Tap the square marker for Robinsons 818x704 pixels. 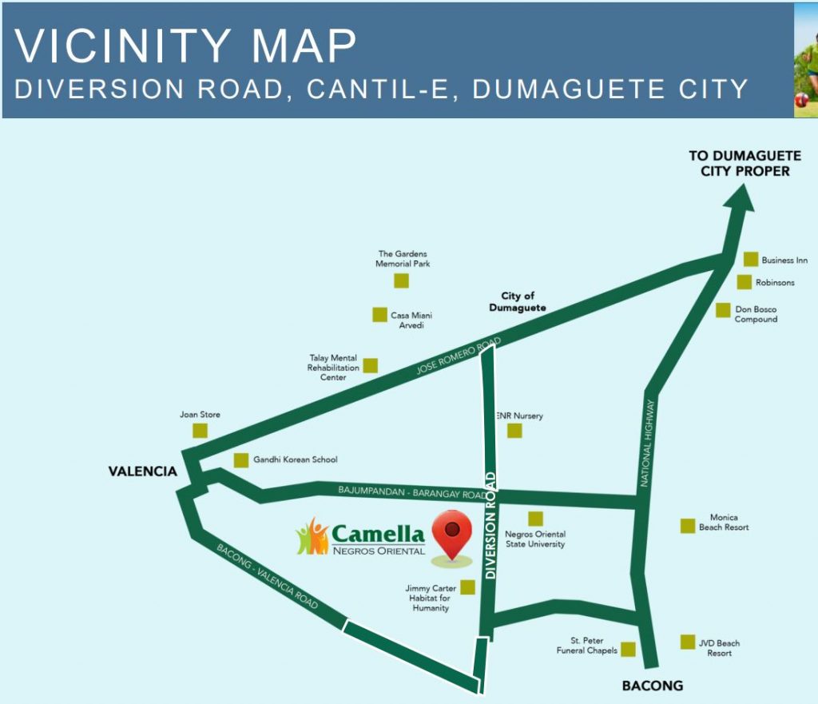pyautogui.click(x=744, y=282)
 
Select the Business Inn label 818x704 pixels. pyautogui.click(x=784, y=261)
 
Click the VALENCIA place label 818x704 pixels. pyautogui.click(x=143, y=471)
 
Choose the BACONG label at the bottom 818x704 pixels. pyautogui.click(x=653, y=686)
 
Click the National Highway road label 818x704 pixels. pyautogui.click(x=649, y=443)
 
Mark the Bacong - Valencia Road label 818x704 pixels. pyautogui.click(x=268, y=576)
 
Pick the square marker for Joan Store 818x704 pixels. pyautogui.click(x=200, y=431)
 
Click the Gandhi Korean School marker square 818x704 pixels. pyautogui.click(x=240, y=460)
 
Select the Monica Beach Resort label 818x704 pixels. pyautogui.click(x=724, y=523)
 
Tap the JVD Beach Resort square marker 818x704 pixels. pyautogui.click(x=688, y=642)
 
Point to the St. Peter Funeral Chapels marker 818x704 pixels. pyautogui.click(x=629, y=650)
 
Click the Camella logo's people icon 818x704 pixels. pyautogui.click(x=312, y=537)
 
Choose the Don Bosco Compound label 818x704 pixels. pyautogui.click(x=756, y=314)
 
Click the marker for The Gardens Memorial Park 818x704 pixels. pyautogui.click(x=401, y=280)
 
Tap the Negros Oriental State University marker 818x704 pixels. pyautogui.click(x=535, y=519)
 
